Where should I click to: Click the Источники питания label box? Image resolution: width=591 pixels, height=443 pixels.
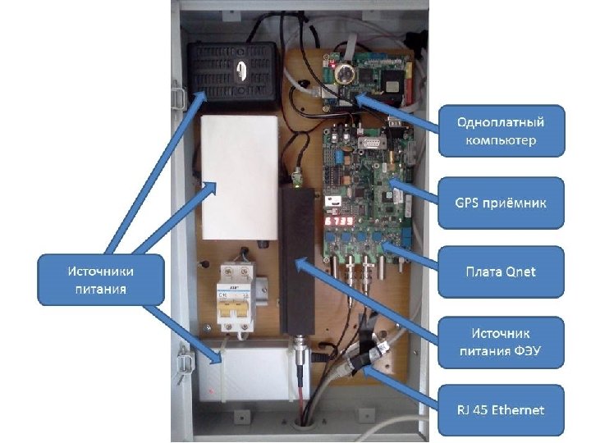point(101,280)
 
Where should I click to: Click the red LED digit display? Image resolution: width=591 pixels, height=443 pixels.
point(341,222)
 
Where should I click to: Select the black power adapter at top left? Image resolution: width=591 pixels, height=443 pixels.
point(232,73)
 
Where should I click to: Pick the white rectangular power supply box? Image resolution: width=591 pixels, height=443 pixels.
point(240,176)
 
